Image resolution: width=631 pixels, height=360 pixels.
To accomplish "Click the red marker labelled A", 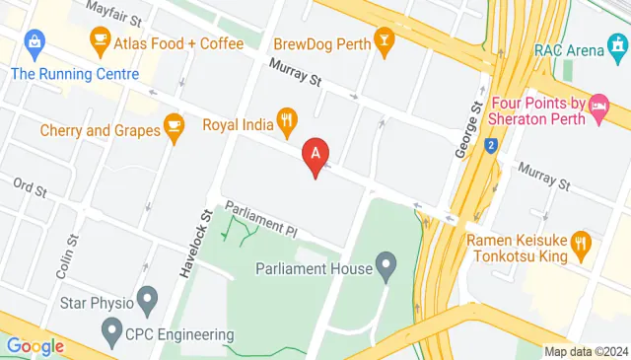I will [x=315, y=156].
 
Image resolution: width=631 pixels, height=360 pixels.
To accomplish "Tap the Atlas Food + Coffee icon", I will [x=99, y=40].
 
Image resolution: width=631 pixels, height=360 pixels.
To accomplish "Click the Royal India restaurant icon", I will [x=287, y=123].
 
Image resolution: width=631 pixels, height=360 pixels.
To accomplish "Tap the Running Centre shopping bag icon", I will [x=35, y=41].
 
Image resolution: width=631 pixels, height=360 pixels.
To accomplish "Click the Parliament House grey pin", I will [x=386, y=264].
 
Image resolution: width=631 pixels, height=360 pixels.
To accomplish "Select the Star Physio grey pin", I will [x=148, y=296].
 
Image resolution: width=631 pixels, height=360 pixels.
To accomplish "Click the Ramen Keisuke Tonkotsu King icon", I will [x=582, y=241].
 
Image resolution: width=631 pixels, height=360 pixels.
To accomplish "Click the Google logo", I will [x=35, y=346].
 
